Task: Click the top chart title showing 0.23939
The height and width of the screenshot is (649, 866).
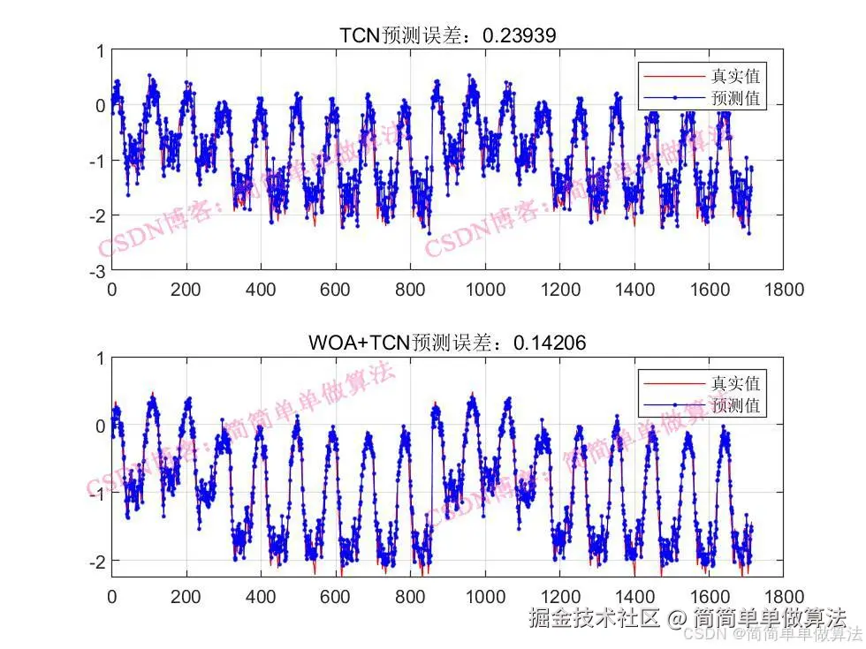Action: tap(448, 34)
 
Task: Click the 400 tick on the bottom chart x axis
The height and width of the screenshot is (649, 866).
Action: tap(261, 596)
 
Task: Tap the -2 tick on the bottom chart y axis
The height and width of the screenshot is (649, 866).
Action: tap(100, 560)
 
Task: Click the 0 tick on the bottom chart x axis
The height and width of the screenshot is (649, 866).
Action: tap(112, 596)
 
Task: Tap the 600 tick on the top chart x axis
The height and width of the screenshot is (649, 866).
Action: tap(335, 289)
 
